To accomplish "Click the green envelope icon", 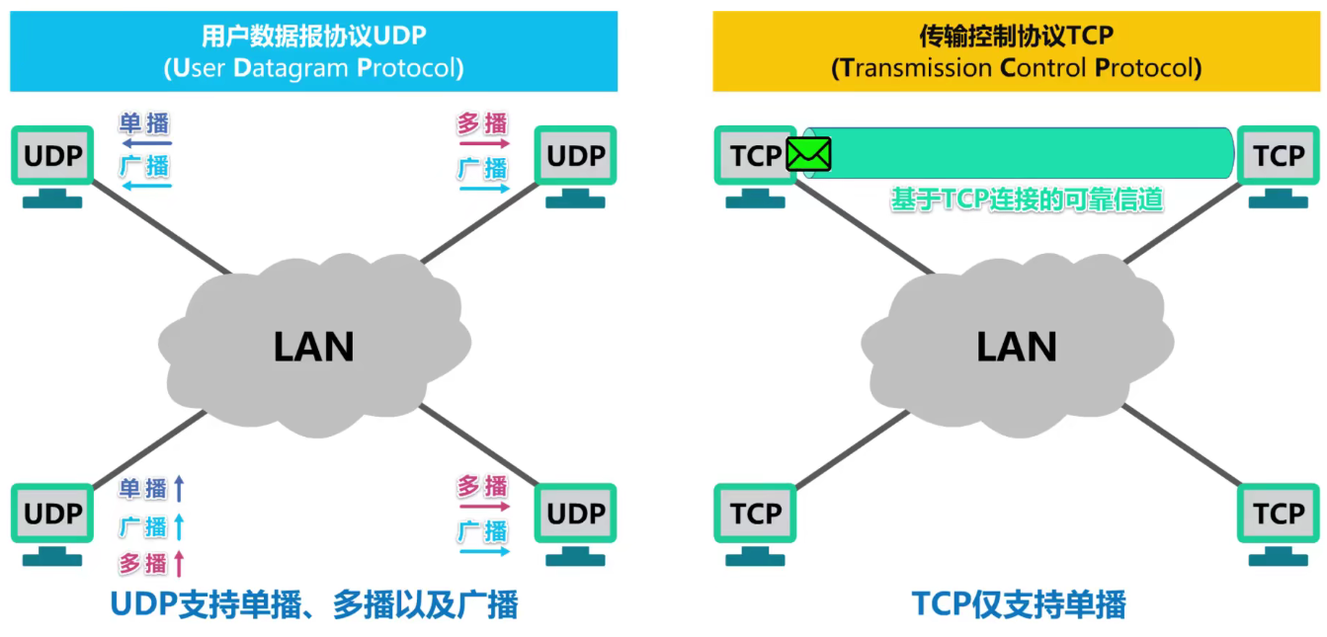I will [808, 154].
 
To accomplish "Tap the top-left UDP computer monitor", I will [52, 156].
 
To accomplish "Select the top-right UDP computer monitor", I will [575, 156].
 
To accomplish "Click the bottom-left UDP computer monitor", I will [52, 514].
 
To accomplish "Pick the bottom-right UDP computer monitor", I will [575, 514].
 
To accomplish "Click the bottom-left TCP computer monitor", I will [755, 514].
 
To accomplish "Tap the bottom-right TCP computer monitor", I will [1278, 514].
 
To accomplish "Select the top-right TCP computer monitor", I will [1278, 156].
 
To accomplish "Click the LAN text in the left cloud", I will [313, 347].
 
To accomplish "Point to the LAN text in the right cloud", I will [1017, 347].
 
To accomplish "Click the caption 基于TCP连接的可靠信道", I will [1027, 199].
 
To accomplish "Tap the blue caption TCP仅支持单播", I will [1018, 603].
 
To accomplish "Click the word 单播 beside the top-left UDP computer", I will [144, 124].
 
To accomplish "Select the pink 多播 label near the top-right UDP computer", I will [482, 124].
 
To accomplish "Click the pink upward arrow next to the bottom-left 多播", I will [179, 563].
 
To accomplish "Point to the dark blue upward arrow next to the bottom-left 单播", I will [179, 487].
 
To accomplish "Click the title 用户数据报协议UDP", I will [313, 37].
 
